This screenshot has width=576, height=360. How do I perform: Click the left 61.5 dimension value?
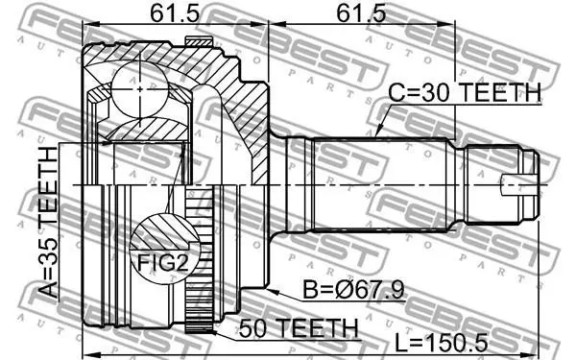[x=175, y=13]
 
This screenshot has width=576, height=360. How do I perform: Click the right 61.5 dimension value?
[x=361, y=13]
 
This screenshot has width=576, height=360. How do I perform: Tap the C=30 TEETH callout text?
[x=465, y=92]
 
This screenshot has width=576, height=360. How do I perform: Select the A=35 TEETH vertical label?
[x=48, y=223]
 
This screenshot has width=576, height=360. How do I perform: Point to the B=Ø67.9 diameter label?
[x=353, y=289]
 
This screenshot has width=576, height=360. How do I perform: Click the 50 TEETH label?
[x=299, y=327]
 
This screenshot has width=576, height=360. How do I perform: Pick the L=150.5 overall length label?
[x=442, y=343]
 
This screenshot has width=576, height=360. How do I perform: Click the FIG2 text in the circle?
[x=162, y=263]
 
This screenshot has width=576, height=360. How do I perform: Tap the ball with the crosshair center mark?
[x=140, y=89]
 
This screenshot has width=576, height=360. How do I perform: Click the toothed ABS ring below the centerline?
[x=200, y=260]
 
